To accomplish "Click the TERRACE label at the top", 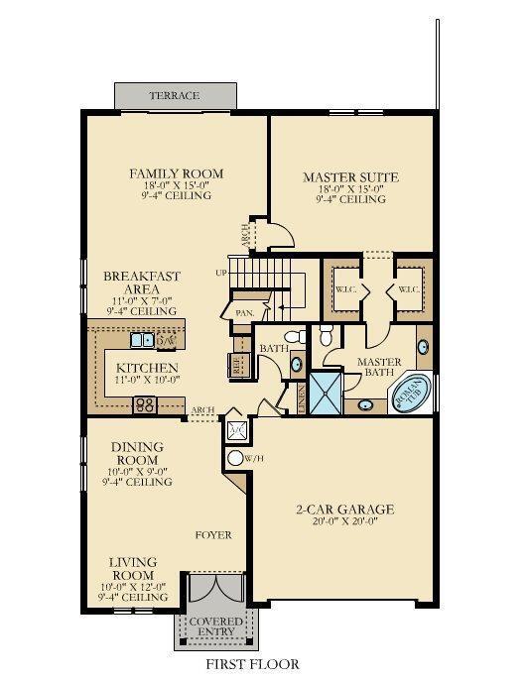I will click(x=175, y=96).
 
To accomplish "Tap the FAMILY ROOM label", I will click(x=177, y=174).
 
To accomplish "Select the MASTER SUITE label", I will click(x=350, y=178).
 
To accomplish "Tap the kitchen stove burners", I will click(x=145, y=403).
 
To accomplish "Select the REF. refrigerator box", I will click(x=238, y=365).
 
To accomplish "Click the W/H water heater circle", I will click(x=236, y=458).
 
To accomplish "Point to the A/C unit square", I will click(x=236, y=430).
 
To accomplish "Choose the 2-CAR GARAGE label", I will click(x=345, y=511).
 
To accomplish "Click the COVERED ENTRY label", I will click(x=216, y=627).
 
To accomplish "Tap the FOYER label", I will click(x=212, y=535).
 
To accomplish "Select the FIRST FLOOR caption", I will click(x=252, y=664).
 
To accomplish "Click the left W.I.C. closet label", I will click(x=344, y=290).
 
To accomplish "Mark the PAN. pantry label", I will click(x=243, y=311).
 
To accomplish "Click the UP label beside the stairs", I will click(x=221, y=272).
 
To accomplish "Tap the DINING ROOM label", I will click(x=138, y=454).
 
